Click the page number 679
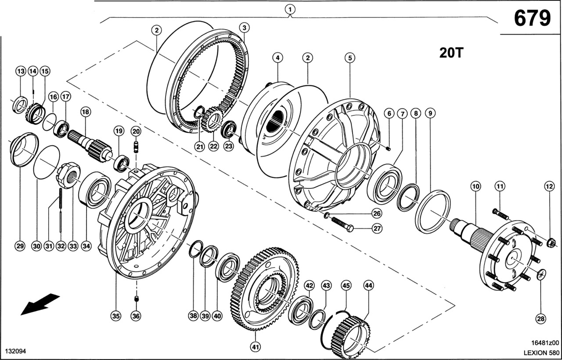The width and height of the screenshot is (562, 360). [532, 18]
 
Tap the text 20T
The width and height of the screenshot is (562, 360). [451, 53]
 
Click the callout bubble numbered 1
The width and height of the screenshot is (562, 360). [290, 8]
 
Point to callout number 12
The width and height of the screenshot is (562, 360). [549, 186]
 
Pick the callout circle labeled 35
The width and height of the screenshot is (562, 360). [115, 315]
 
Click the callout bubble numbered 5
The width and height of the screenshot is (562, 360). [349, 58]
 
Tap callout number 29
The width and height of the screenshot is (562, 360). [19, 246]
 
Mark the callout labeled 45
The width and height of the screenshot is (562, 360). [346, 285]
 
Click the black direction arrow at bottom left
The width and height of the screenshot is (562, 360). [40, 304]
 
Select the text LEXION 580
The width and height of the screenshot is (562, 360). [541, 352]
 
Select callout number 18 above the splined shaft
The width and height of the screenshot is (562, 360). [85, 112]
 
